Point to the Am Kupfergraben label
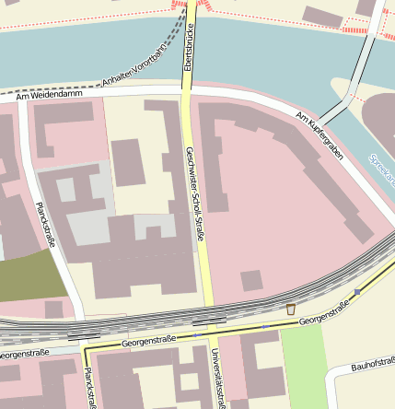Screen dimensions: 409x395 319,135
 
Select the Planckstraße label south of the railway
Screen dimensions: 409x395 88,388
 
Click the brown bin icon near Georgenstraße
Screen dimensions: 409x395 291,309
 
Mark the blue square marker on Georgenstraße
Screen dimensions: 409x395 357,291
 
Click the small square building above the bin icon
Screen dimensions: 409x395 251,280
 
